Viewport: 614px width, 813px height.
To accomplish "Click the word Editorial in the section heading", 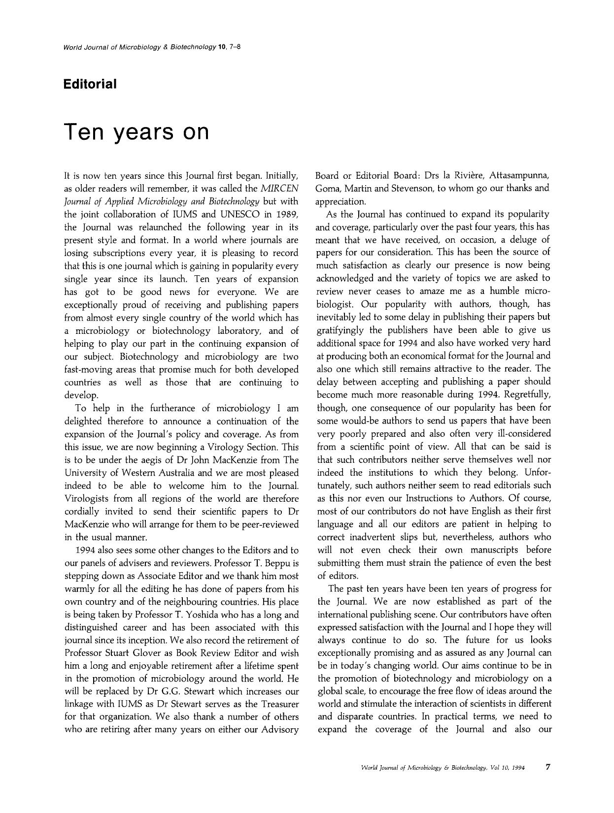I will pos(90,84).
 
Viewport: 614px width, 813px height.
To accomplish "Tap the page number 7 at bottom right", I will pos(548,767).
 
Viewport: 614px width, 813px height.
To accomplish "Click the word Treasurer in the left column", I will pos(277,704).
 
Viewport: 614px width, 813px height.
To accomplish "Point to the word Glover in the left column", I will pos(140,653).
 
